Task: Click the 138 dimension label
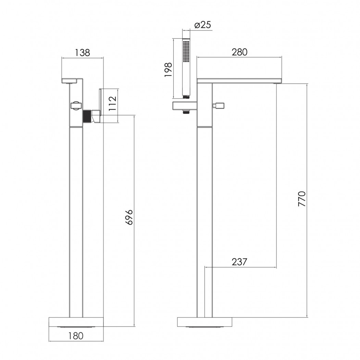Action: (x=83, y=52)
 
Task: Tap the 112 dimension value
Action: (x=113, y=104)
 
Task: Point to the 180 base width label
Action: (x=76, y=336)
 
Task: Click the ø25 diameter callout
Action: (x=202, y=25)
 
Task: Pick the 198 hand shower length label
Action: (x=168, y=70)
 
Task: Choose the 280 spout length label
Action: (x=239, y=52)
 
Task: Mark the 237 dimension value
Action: (x=239, y=262)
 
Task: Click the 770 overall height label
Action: (x=302, y=199)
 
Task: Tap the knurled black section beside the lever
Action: (x=87, y=117)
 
